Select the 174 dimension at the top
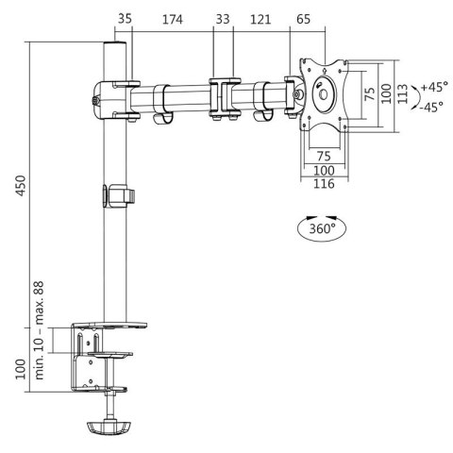pos(172,19)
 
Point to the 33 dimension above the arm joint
pos(223,19)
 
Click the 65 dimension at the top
pos(303,19)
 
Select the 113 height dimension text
pos(402,93)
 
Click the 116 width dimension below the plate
pos(325,184)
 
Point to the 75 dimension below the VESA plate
pos(324,156)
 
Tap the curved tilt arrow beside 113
pos(415,94)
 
